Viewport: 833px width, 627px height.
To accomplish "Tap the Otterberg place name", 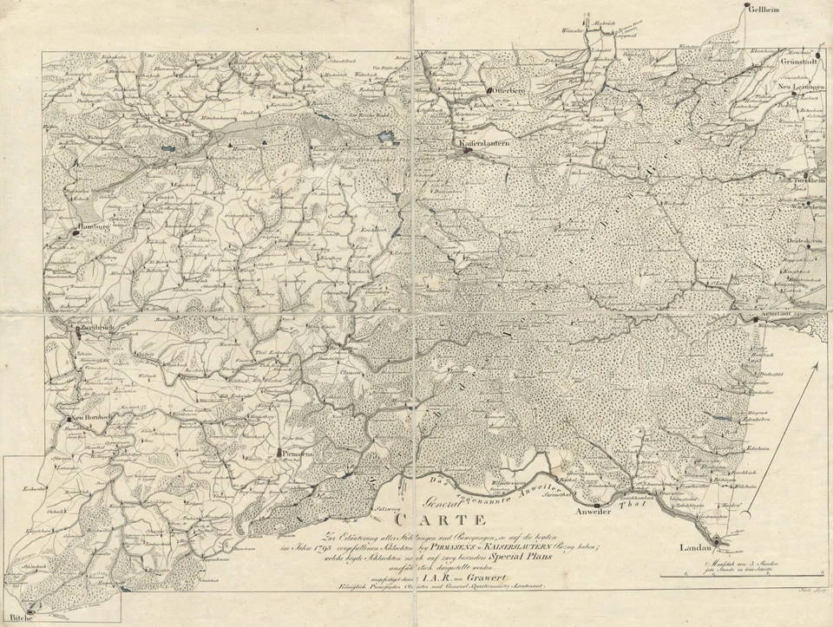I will tap(506, 89).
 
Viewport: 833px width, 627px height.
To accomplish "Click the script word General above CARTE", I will tap(443, 501).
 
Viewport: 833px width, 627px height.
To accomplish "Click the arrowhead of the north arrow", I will tap(816, 367).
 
